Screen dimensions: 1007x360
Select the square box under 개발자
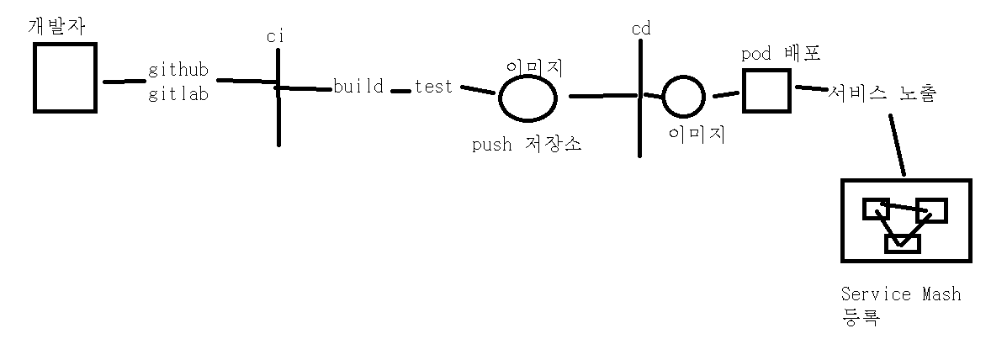pyautogui.click(x=64, y=77)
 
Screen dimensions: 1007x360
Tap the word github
pyautogui.click(x=178, y=70)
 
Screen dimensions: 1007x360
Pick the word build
pyautogui.click(x=358, y=87)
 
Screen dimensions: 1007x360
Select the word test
pyautogui.click(x=433, y=87)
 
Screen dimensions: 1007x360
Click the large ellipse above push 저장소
pyautogui.click(x=528, y=98)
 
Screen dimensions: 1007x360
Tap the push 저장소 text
pyautogui.click(x=527, y=144)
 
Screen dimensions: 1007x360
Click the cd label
pyautogui.click(x=641, y=29)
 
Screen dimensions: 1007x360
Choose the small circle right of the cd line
pyautogui.click(x=683, y=98)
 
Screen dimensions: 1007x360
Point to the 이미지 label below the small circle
pyautogui.click(x=697, y=135)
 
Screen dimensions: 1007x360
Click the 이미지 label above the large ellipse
pyautogui.click(x=533, y=66)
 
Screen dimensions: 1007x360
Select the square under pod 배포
pyautogui.click(x=766, y=91)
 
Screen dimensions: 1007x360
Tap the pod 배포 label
pyautogui.click(x=781, y=54)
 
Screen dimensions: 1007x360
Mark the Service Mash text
pyautogui.click(x=900, y=294)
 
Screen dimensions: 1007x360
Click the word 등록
pyautogui.click(x=860, y=318)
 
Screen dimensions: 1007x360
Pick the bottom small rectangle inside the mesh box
pyautogui.click(x=903, y=244)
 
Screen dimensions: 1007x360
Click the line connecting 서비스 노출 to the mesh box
pyautogui.click(x=896, y=146)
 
